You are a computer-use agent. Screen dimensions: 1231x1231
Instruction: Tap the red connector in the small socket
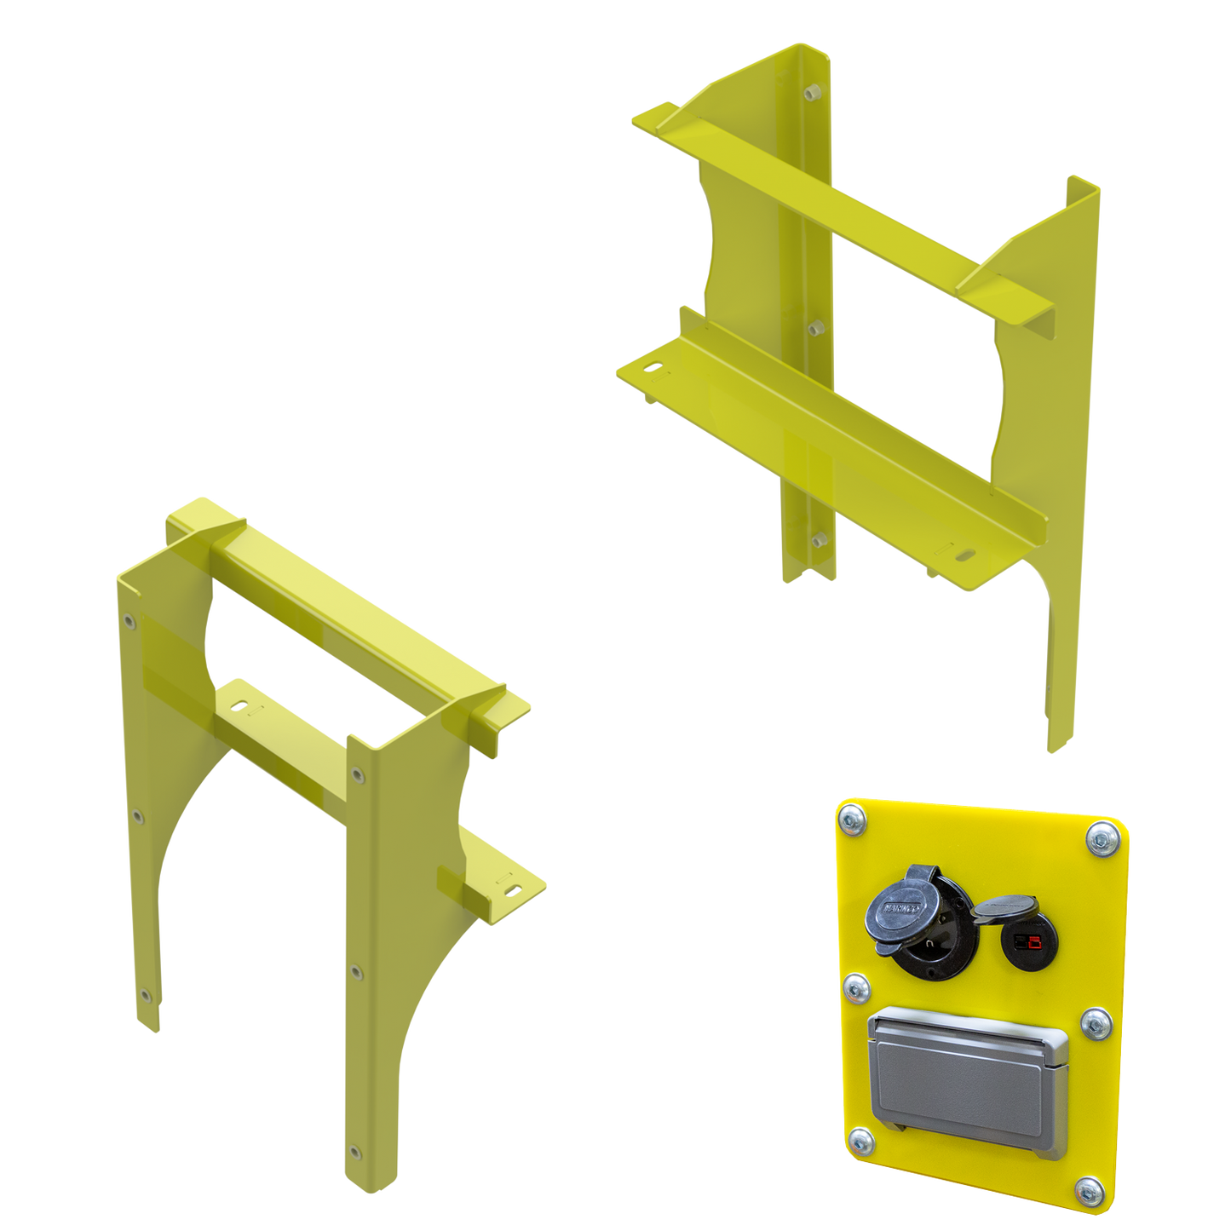1033,942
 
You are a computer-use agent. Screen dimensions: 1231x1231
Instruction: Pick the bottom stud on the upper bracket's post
820,539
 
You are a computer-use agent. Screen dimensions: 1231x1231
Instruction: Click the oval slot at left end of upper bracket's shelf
654,370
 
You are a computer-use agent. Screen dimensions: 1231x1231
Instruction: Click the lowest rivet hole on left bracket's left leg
147,993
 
